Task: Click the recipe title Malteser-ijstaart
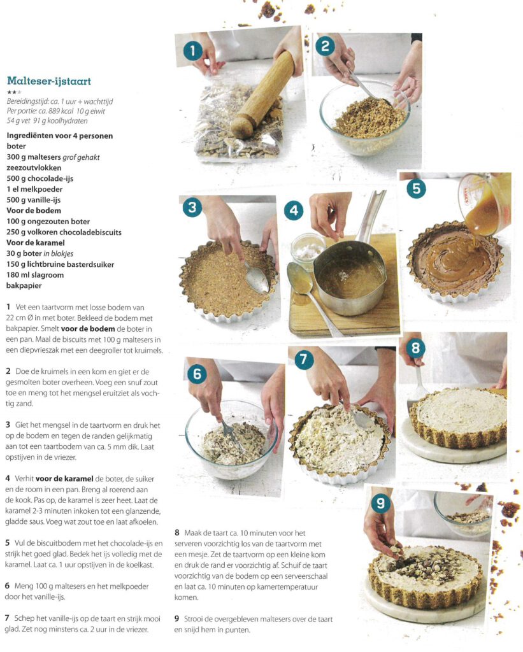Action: tap(48, 81)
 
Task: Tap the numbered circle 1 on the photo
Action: tap(192, 51)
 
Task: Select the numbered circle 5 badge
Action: tap(416, 188)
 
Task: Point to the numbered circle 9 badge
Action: tap(381, 503)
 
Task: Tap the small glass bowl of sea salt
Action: tap(308, 249)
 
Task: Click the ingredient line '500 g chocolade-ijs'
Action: tap(40, 178)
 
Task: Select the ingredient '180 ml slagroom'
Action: tap(35, 275)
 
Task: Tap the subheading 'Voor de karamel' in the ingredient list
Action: tap(36, 243)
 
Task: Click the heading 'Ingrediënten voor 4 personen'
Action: tap(59, 136)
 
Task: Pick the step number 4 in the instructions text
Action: tap(8, 479)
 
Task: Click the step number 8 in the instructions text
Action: tap(177, 533)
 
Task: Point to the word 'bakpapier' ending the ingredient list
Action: tap(24, 286)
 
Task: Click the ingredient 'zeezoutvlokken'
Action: tap(34, 167)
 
